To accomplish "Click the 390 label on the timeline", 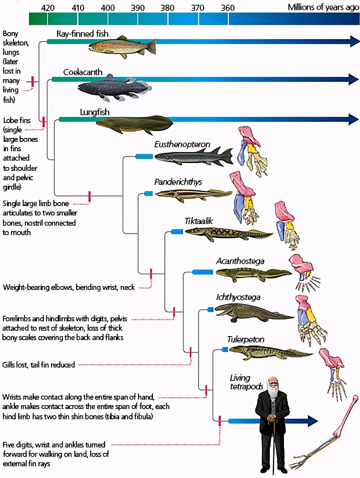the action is tap(138, 8).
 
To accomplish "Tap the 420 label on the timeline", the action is tap(47, 8).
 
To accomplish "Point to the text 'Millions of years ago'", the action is tap(323, 7).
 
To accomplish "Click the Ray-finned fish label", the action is tap(82, 34).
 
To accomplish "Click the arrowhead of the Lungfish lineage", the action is tap(353, 119).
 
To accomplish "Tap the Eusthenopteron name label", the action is tap(182, 144).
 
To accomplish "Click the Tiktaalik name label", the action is tap(198, 221).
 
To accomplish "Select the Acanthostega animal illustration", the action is tap(254, 274).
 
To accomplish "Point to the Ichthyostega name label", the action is tap(238, 297).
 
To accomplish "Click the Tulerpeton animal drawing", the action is tap(271, 353).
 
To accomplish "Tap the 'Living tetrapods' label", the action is tap(246, 382).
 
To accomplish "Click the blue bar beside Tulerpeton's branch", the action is tap(225, 350).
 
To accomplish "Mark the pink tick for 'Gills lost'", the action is tap(191, 352).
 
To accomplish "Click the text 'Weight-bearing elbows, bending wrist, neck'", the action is tap(69, 288).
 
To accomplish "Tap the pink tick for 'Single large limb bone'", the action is tap(89, 196).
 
